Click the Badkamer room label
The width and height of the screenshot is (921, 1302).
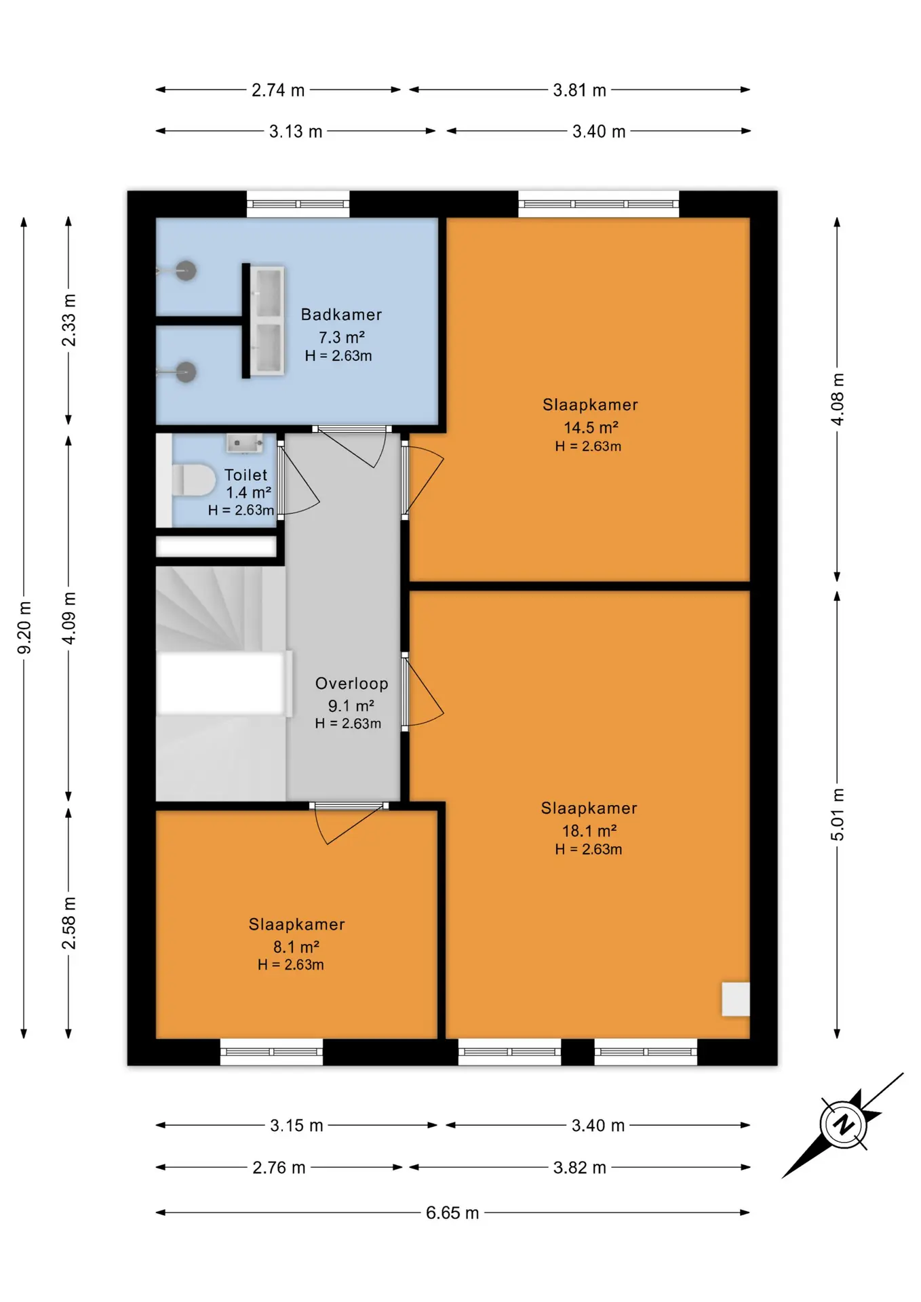pyautogui.click(x=341, y=315)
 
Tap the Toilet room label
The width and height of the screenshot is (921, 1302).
pyautogui.click(x=246, y=475)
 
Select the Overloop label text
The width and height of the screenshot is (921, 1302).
pyautogui.click(x=351, y=684)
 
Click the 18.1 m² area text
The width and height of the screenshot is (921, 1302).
pyautogui.click(x=589, y=831)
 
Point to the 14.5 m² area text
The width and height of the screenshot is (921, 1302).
pyautogui.click(x=591, y=427)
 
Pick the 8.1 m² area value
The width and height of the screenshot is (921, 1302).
pyautogui.click(x=296, y=947)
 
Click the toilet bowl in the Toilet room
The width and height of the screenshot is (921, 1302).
pyautogui.click(x=194, y=480)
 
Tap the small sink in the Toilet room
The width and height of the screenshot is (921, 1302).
pyautogui.click(x=244, y=443)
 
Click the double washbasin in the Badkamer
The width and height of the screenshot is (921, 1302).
pyautogui.click(x=267, y=321)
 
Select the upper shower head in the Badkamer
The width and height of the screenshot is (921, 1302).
pyautogui.click(x=186, y=271)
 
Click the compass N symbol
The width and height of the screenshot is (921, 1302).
pyautogui.click(x=843, y=1125)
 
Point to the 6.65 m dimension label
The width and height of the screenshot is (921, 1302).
pyautogui.click(x=452, y=1212)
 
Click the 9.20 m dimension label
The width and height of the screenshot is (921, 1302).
pyautogui.click(x=24, y=627)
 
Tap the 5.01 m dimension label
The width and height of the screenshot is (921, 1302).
pyautogui.click(x=838, y=814)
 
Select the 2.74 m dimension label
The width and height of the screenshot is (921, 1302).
pyautogui.click(x=278, y=90)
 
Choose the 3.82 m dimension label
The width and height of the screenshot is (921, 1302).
pyautogui.click(x=579, y=1167)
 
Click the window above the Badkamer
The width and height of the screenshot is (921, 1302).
pyautogui.click(x=298, y=204)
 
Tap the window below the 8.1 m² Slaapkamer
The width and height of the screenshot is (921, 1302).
pyautogui.click(x=271, y=1052)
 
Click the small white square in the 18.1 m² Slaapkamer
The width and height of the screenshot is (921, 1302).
pyautogui.click(x=735, y=999)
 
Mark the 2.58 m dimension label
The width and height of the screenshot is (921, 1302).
pyautogui.click(x=69, y=923)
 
